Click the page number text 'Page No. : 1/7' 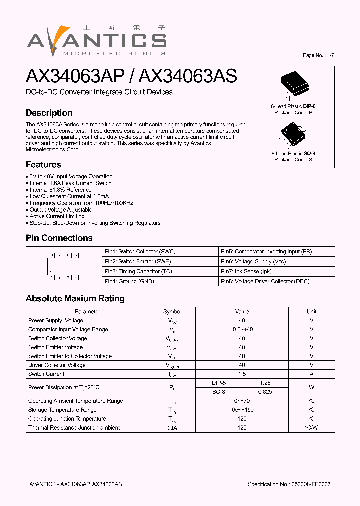[318, 55]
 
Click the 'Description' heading [49, 113]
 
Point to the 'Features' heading [43, 164]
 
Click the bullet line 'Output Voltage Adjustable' [61, 210]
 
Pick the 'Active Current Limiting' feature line [57, 216]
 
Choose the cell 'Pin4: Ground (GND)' [129, 281]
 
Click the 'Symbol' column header [172, 311]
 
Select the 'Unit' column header [311, 311]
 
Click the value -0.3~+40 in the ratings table [242, 329]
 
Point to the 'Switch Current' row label [46, 374]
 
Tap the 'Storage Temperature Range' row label [62, 410]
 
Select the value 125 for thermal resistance [242, 428]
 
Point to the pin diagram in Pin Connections [63, 266]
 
